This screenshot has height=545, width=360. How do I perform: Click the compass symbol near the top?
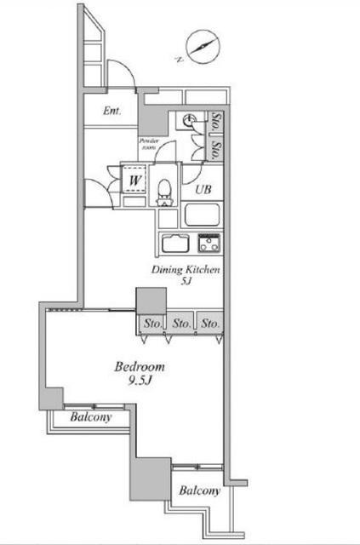[203, 48]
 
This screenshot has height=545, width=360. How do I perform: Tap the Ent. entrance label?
[112, 111]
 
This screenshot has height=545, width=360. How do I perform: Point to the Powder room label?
[149, 144]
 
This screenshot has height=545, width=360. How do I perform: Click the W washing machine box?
[134, 180]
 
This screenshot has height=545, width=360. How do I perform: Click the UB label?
[203, 189]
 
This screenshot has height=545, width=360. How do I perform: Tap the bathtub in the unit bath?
[202, 215]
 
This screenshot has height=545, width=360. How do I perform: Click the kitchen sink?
[175, 243]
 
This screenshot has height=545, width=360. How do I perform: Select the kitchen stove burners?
[209, 243]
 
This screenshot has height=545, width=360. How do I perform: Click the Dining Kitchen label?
[186, 270]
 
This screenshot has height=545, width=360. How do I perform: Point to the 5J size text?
[186, 281]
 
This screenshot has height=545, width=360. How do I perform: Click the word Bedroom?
[140, 367]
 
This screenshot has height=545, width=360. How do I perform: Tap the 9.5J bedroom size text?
[140, 381]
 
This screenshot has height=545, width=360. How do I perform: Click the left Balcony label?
[91, 416]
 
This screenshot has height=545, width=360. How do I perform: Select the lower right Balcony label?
[200, 490]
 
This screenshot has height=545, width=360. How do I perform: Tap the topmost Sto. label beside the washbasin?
[216, 121]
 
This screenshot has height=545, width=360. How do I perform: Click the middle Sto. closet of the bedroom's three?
[182, 324]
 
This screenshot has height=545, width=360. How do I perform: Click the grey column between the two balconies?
[151, 479]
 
